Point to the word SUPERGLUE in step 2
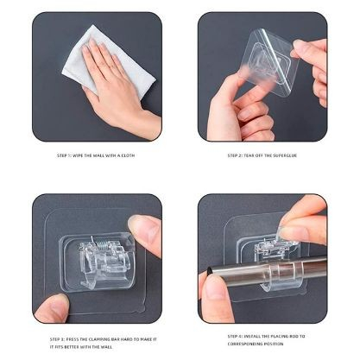(x=281, y=156)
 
